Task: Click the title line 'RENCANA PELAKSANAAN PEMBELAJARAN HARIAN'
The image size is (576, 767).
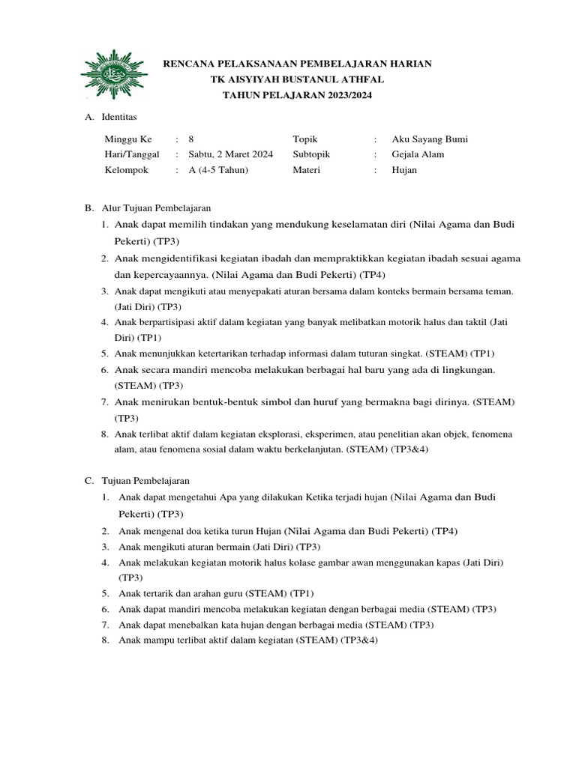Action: coord(298,64)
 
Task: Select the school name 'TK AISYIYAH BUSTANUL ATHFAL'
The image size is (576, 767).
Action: coord(298,80)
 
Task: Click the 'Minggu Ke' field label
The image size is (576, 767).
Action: coord(128,139)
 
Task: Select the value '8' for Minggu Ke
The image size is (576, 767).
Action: coord(191,139)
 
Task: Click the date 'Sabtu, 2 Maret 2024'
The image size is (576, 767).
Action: coord(231,154)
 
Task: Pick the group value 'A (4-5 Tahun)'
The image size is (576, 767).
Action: coord(218,170)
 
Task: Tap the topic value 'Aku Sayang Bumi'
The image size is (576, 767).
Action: coord(430,139)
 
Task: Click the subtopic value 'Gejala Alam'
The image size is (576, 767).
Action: coord(418,154)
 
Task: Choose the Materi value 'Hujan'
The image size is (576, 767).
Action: coord(404,170)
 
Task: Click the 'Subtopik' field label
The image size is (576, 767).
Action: coord(311,154)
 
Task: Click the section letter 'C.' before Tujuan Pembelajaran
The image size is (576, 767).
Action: coord(88,480)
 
